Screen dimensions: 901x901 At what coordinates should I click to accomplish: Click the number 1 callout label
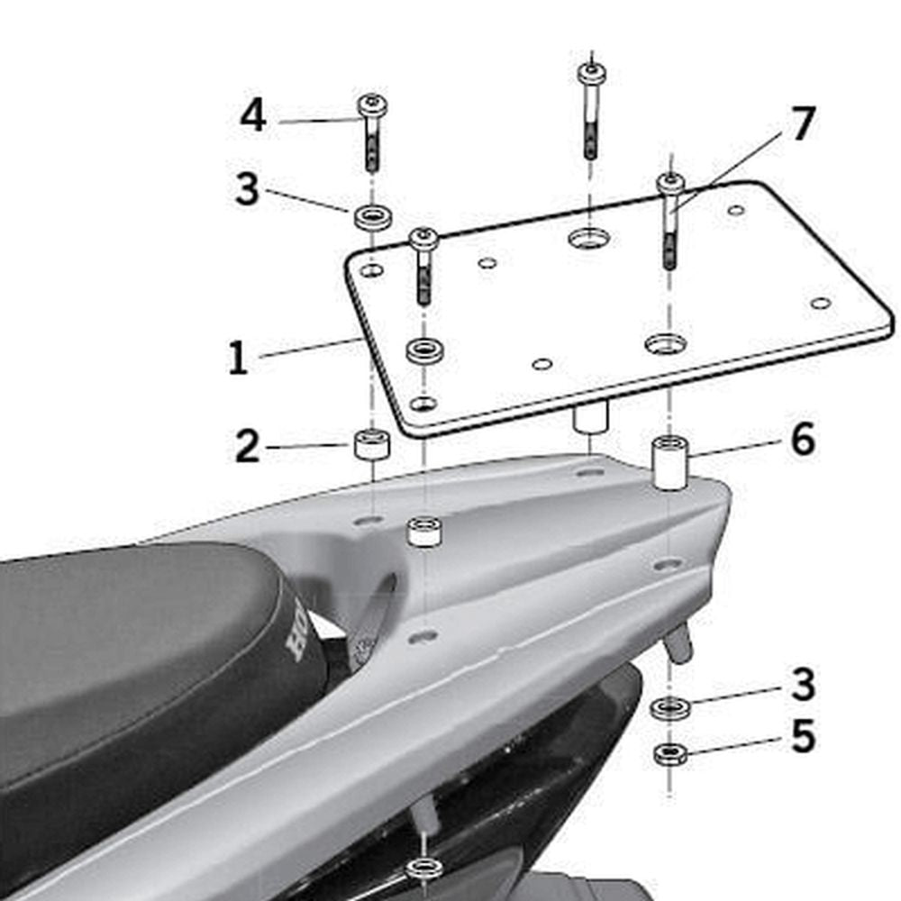point(237,357)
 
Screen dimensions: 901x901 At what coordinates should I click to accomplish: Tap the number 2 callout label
point(248,446)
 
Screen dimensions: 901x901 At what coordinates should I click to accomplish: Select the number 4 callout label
point(253,116)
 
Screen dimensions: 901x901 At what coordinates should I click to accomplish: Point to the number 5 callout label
point(802,736)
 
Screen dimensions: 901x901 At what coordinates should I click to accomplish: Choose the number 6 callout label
point(802,441)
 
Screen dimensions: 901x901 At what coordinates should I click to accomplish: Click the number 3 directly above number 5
point(802,685)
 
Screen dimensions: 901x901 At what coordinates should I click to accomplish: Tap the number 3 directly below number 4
point(247,190)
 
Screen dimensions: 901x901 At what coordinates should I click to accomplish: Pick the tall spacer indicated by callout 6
point(670,461)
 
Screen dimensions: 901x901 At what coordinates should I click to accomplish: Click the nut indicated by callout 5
point(669,753)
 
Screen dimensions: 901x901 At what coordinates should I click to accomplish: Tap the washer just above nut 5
point(669,707)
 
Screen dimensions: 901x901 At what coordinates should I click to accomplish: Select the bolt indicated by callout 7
point(670,221)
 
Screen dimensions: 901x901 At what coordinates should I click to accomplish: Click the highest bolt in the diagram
point(591,108)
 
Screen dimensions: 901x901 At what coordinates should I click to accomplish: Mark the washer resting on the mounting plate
point(424,350)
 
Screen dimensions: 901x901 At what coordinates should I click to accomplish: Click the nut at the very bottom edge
point(423,869)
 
